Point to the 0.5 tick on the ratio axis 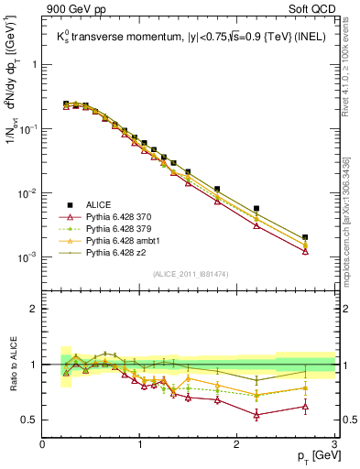[30, 420]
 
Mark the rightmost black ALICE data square [305, 237]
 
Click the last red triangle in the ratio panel [305, 406]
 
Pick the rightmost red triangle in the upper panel [305, 251]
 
